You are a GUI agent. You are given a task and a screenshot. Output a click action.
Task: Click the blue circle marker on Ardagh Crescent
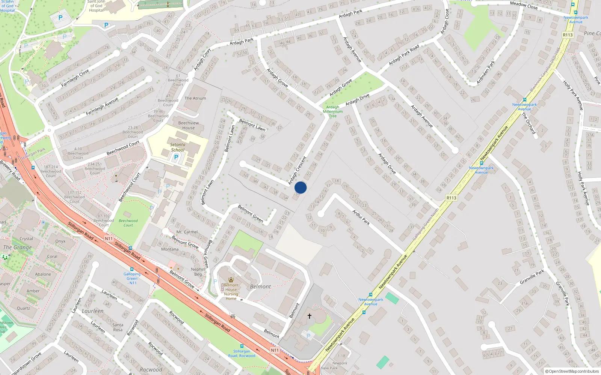coord(300,187)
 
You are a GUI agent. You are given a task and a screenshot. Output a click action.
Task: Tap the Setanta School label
coord(178,147)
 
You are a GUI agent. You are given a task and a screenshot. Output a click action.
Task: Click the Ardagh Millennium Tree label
coord(332,111)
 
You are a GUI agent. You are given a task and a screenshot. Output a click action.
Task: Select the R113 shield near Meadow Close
coord(568,35)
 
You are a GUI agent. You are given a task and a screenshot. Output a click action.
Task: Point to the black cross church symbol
coord(310,316)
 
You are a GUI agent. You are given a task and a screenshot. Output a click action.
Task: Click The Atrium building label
coord(195,98)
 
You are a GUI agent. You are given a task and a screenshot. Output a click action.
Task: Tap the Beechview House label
coord(189,125)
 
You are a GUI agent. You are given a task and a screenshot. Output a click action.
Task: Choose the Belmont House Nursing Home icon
coord(231,280)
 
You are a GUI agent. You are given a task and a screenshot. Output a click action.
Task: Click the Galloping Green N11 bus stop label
coord(132,278)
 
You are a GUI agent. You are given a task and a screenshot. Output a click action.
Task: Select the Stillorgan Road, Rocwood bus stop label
coord(242,353)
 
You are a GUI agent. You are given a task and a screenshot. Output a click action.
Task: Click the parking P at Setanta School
coord(176,157)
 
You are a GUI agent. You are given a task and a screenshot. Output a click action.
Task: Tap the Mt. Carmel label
coord(187,232)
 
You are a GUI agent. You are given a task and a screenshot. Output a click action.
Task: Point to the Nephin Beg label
coord(198,271)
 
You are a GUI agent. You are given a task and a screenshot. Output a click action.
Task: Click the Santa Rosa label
coord(118,327)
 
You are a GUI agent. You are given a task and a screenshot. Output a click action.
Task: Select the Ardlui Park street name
coord(361,217)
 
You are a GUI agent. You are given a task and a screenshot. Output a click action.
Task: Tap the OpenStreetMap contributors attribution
coord(572,371)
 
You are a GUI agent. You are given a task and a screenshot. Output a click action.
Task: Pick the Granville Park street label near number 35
coord(532,277)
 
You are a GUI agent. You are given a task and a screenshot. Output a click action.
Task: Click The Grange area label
coord(18,247)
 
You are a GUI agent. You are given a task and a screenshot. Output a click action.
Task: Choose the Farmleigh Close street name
coord(75,78)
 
